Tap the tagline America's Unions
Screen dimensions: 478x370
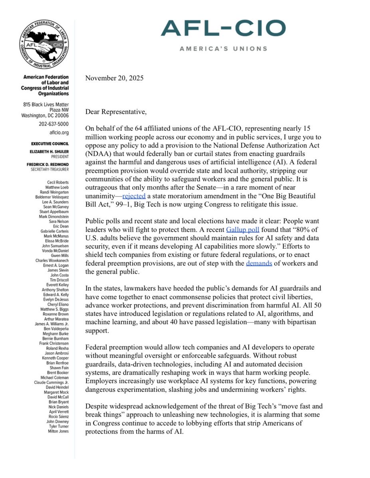[x=223, y=48]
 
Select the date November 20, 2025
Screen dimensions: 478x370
[x=114, y=78]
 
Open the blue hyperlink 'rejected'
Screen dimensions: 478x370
[x=134, y=197]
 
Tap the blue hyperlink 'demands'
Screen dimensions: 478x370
[x=259, y=263]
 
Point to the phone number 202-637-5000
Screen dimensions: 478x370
[x=53, y=124]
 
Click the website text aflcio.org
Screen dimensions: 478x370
[x=59, y=132]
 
